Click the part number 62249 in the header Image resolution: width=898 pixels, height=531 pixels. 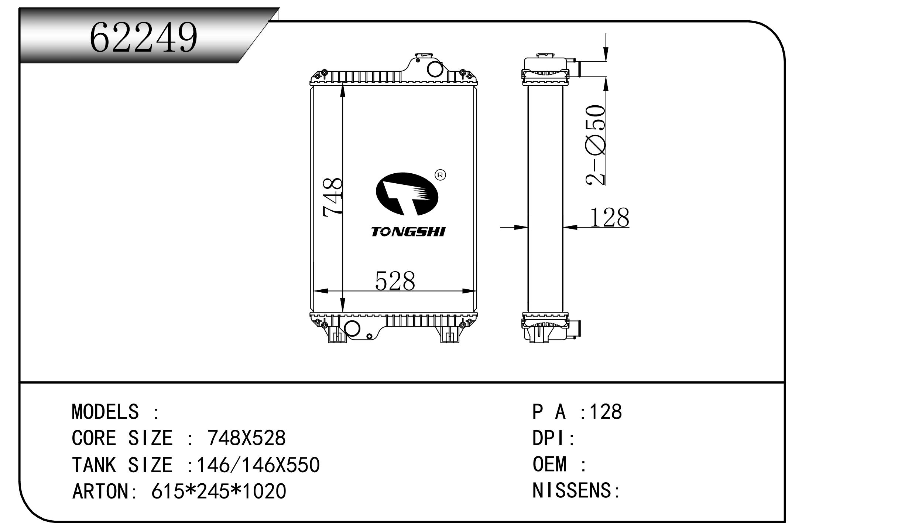coord(144,37)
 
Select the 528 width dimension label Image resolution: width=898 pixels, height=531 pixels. coord(395,281)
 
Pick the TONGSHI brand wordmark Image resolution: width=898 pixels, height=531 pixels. coord(408,232)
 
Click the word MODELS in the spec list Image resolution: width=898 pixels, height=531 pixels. coord(105,412)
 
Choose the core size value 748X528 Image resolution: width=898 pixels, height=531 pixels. coord(247,438)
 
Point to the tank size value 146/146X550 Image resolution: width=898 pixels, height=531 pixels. coord(258,465)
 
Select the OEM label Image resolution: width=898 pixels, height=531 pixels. coord(549,464)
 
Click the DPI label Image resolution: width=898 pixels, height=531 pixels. coord(550,439)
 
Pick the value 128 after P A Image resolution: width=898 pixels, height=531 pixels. coord(606,412)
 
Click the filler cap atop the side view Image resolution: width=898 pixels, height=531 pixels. coord(545,55)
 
